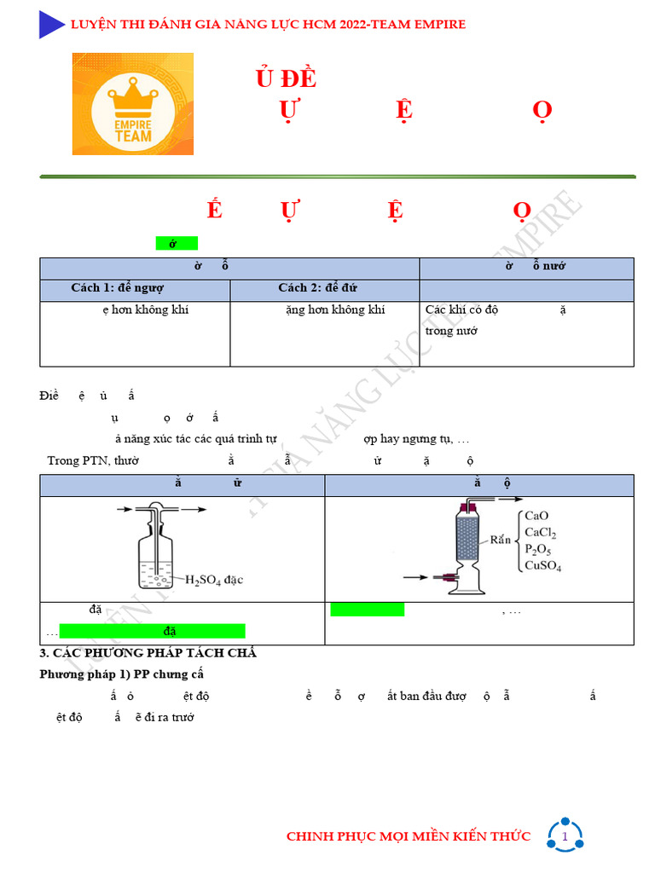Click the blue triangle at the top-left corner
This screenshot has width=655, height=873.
pos(51,25)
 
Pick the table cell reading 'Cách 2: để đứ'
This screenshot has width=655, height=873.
pos(317,288)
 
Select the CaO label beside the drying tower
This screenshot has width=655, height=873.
pos(536,516)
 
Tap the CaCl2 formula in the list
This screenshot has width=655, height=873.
pos(540,533)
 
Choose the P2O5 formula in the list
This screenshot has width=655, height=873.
pos(538,549)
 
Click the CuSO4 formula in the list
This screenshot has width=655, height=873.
pos(542,565)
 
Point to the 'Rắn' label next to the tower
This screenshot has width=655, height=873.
pos(500,540)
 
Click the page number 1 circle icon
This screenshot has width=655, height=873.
pos(565,837)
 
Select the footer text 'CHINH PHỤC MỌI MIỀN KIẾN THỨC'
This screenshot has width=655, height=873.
pos(408,836)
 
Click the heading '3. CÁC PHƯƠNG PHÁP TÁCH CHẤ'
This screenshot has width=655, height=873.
pos(148,653)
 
